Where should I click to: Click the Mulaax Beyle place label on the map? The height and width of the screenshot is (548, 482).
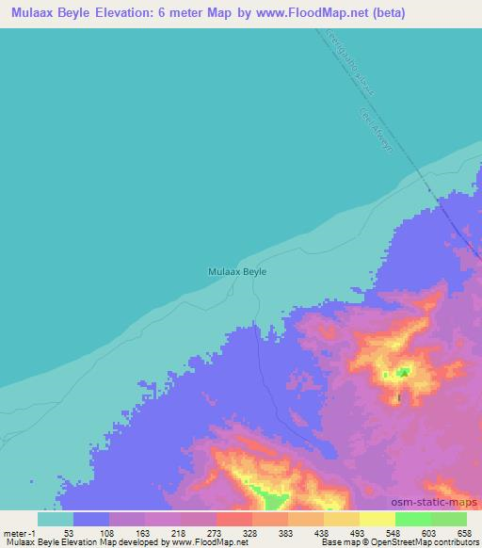click(236, 271)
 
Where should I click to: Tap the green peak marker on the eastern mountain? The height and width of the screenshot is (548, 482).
click(403, 372)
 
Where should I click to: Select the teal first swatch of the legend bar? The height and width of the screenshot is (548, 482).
click(56, 519)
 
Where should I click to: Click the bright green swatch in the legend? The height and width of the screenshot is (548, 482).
click(413, 519)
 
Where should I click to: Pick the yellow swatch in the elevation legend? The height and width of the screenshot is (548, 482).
click(378, 519)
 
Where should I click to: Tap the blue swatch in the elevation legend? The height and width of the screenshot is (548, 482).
click(91, 519)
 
